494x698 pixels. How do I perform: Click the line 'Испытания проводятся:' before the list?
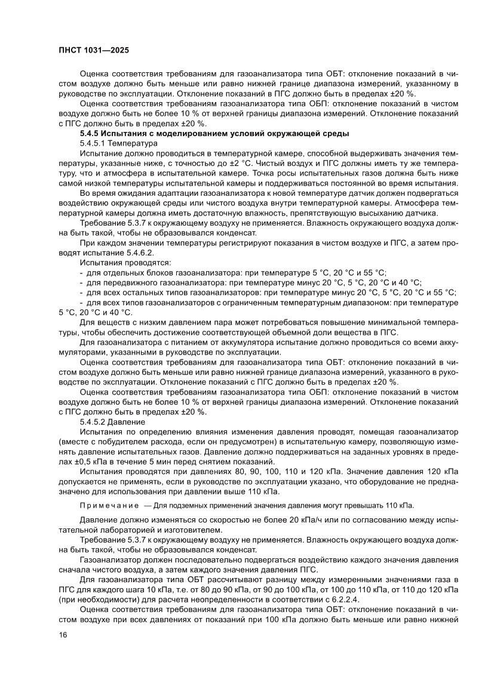(x=125, y=262)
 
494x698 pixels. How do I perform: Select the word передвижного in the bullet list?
(x=126, y=282)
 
